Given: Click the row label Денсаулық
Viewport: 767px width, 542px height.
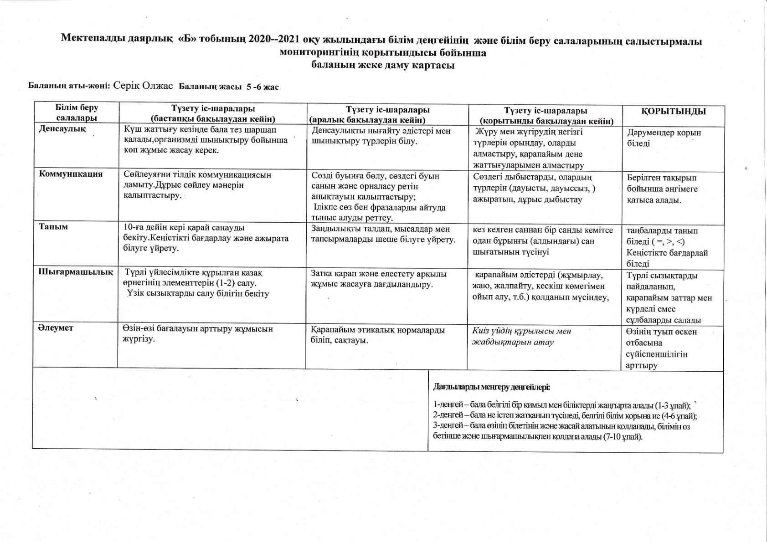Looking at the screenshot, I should tap(62, 129).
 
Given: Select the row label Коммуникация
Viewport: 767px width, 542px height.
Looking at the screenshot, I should tap(71, 174).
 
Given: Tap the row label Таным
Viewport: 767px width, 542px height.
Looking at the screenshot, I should tap(53, 227).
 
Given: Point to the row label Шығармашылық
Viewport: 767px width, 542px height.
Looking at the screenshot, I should tap(76, 272).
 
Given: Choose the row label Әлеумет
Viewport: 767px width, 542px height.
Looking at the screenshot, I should tap(56, 328).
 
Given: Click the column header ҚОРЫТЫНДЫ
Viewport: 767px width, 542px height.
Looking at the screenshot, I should tap(673, 112).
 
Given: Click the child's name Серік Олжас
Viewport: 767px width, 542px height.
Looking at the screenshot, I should tap(143, 86).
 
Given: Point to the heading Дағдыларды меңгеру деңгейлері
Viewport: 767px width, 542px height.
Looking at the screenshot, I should tap(491, 388).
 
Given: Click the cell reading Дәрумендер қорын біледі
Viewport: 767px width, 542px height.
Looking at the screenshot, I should tap(664, 138).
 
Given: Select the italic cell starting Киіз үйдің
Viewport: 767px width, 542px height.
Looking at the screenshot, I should tap(521, 337).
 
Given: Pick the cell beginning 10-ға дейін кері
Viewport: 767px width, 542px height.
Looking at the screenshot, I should tap(206, 238).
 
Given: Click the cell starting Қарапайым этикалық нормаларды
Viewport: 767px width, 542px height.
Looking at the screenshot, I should tap(378, 335).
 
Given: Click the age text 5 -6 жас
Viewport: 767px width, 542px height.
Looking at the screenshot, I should tap(263, 87).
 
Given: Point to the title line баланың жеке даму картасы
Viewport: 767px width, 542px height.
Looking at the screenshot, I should tap(383, 65).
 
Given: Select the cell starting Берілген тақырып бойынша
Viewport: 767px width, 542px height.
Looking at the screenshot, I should tap(662, 189).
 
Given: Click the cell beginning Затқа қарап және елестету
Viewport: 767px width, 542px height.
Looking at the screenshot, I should tap(378, 279).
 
